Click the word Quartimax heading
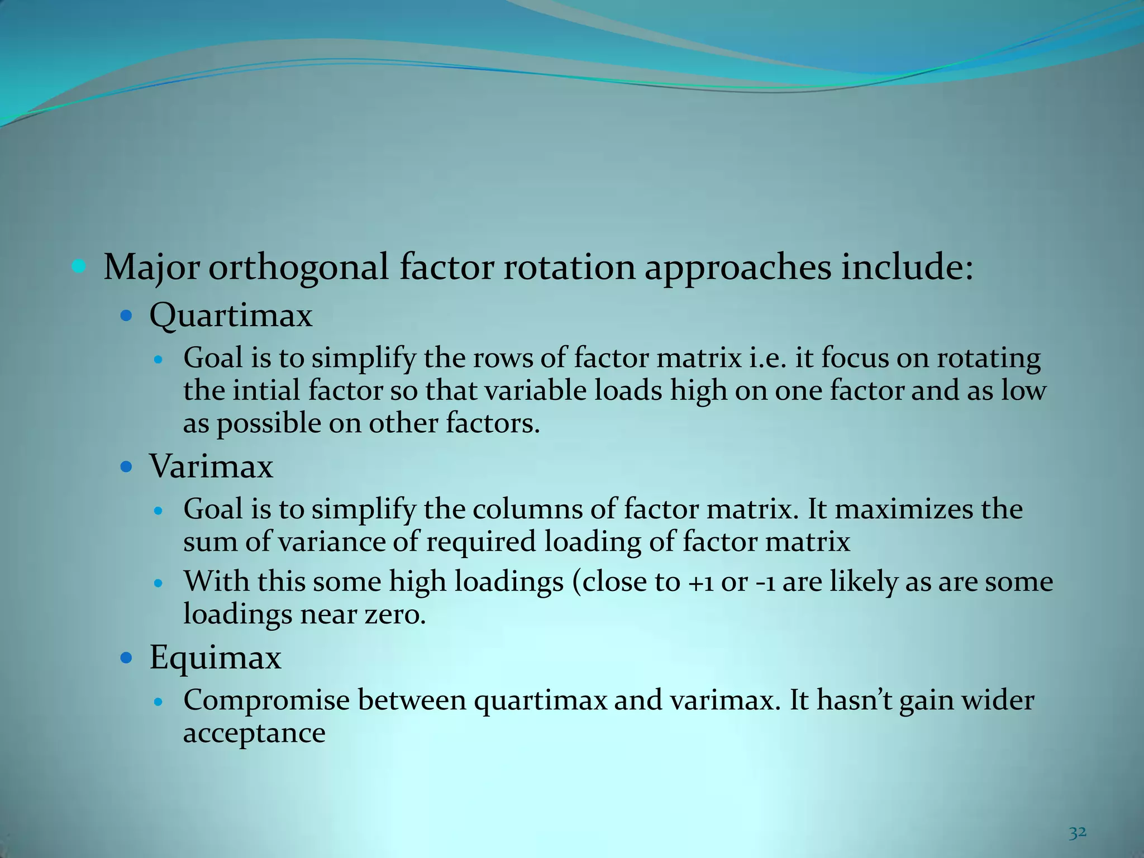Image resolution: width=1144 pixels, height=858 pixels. (x=231, y=316)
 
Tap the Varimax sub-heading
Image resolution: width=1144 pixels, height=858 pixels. (x=211, y=466)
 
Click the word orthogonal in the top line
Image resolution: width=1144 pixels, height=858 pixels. (x=298, y=268)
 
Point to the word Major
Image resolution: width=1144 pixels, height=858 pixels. (x=151, y=268)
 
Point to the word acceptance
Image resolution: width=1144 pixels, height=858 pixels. (x=254, y=733)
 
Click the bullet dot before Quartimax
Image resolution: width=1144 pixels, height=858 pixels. (x=126, y=316)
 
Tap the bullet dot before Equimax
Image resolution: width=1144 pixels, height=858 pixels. (x=126, y=658)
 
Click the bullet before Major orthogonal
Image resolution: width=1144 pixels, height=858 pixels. (x=79, y=266)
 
